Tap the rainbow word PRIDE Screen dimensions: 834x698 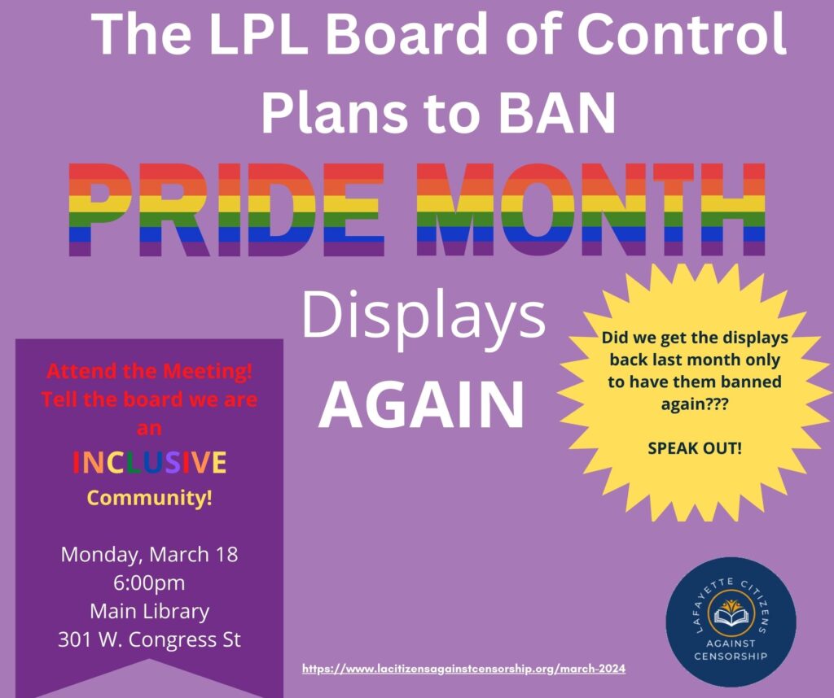[227, 209]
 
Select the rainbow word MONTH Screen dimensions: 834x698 [591, 209]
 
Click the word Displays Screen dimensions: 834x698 [424, 317]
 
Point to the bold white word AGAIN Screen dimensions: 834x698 [422, 405]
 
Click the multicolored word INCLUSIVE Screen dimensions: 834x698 [150, 462]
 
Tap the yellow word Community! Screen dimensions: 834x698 [150, 498]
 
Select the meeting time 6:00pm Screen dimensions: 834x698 [150, 582]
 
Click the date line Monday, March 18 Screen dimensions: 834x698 [150, 554]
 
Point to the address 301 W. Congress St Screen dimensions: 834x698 [150, 639]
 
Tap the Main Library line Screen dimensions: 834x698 [150, 612]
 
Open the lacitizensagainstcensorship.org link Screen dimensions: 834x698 [463, 669]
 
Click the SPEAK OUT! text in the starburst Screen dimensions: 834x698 [695, 448]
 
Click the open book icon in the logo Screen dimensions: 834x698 [731, 616]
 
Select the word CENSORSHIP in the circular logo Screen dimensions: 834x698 [731, 656]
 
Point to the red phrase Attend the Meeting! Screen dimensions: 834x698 [150, 371]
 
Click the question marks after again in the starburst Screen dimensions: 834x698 [717, 404]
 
